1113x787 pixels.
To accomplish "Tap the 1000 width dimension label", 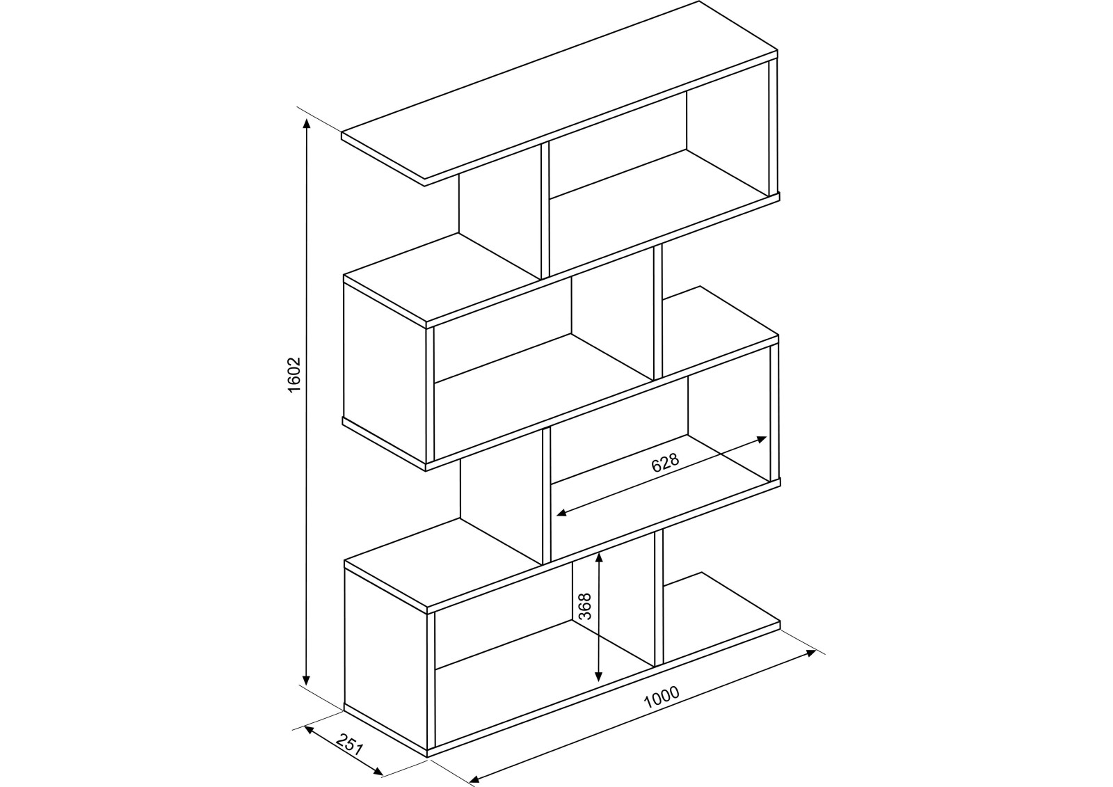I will (x=661, y=698).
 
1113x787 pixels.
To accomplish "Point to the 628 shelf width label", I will (x=664, y=463).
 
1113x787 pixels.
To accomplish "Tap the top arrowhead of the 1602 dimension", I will (x=306, y=123).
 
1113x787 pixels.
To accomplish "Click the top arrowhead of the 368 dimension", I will (x=599, y=556).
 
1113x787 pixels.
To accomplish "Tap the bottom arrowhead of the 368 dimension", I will (x=599, y=678).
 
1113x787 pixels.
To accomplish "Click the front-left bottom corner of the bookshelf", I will (x=426, y=756).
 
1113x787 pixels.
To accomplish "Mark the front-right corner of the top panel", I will (x=777, y=52).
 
